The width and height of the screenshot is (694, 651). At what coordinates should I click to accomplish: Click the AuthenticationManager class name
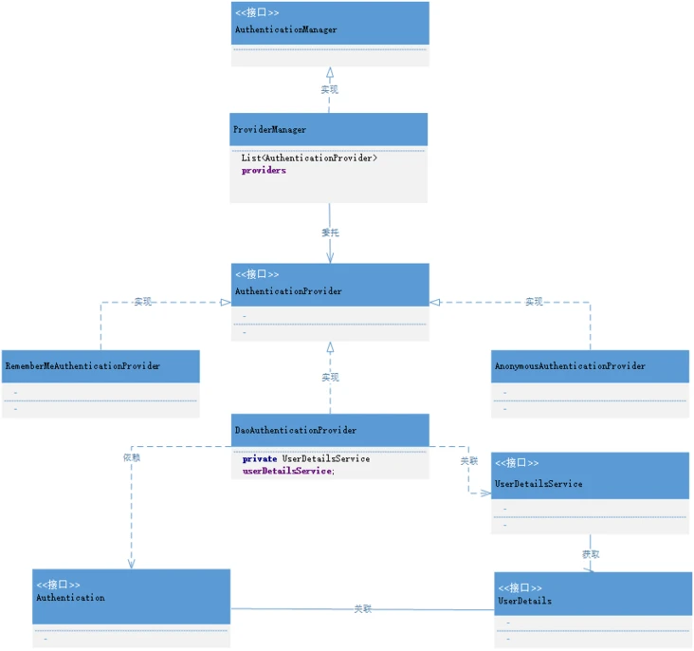285,30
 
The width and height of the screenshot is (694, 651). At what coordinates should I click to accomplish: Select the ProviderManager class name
269,129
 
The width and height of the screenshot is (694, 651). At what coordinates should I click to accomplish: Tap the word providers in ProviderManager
264,171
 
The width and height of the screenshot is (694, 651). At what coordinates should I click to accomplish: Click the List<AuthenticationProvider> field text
309,158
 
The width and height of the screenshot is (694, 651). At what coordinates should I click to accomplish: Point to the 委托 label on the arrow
330,232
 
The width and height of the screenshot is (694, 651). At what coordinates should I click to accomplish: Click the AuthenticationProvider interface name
288,291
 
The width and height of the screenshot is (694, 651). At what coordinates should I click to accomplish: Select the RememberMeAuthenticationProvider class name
82,365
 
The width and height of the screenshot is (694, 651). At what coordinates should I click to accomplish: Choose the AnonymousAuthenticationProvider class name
570,365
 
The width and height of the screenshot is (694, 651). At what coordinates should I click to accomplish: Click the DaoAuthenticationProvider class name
296,430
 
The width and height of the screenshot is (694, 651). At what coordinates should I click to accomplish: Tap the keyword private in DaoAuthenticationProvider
259,458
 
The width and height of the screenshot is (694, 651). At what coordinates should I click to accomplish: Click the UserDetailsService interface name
539,484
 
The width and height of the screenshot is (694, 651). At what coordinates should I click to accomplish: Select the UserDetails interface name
524,601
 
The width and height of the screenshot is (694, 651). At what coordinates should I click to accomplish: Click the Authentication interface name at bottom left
70,598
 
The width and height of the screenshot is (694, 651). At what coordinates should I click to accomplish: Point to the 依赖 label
132,457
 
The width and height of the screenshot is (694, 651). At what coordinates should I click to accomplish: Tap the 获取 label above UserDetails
591,553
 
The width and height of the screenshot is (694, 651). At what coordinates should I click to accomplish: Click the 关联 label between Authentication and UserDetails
363,608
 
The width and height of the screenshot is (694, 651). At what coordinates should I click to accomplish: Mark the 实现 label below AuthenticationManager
330,89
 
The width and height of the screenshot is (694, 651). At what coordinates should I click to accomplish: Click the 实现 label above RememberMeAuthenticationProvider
142,302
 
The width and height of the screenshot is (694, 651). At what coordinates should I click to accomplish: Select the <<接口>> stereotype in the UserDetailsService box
517,463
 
